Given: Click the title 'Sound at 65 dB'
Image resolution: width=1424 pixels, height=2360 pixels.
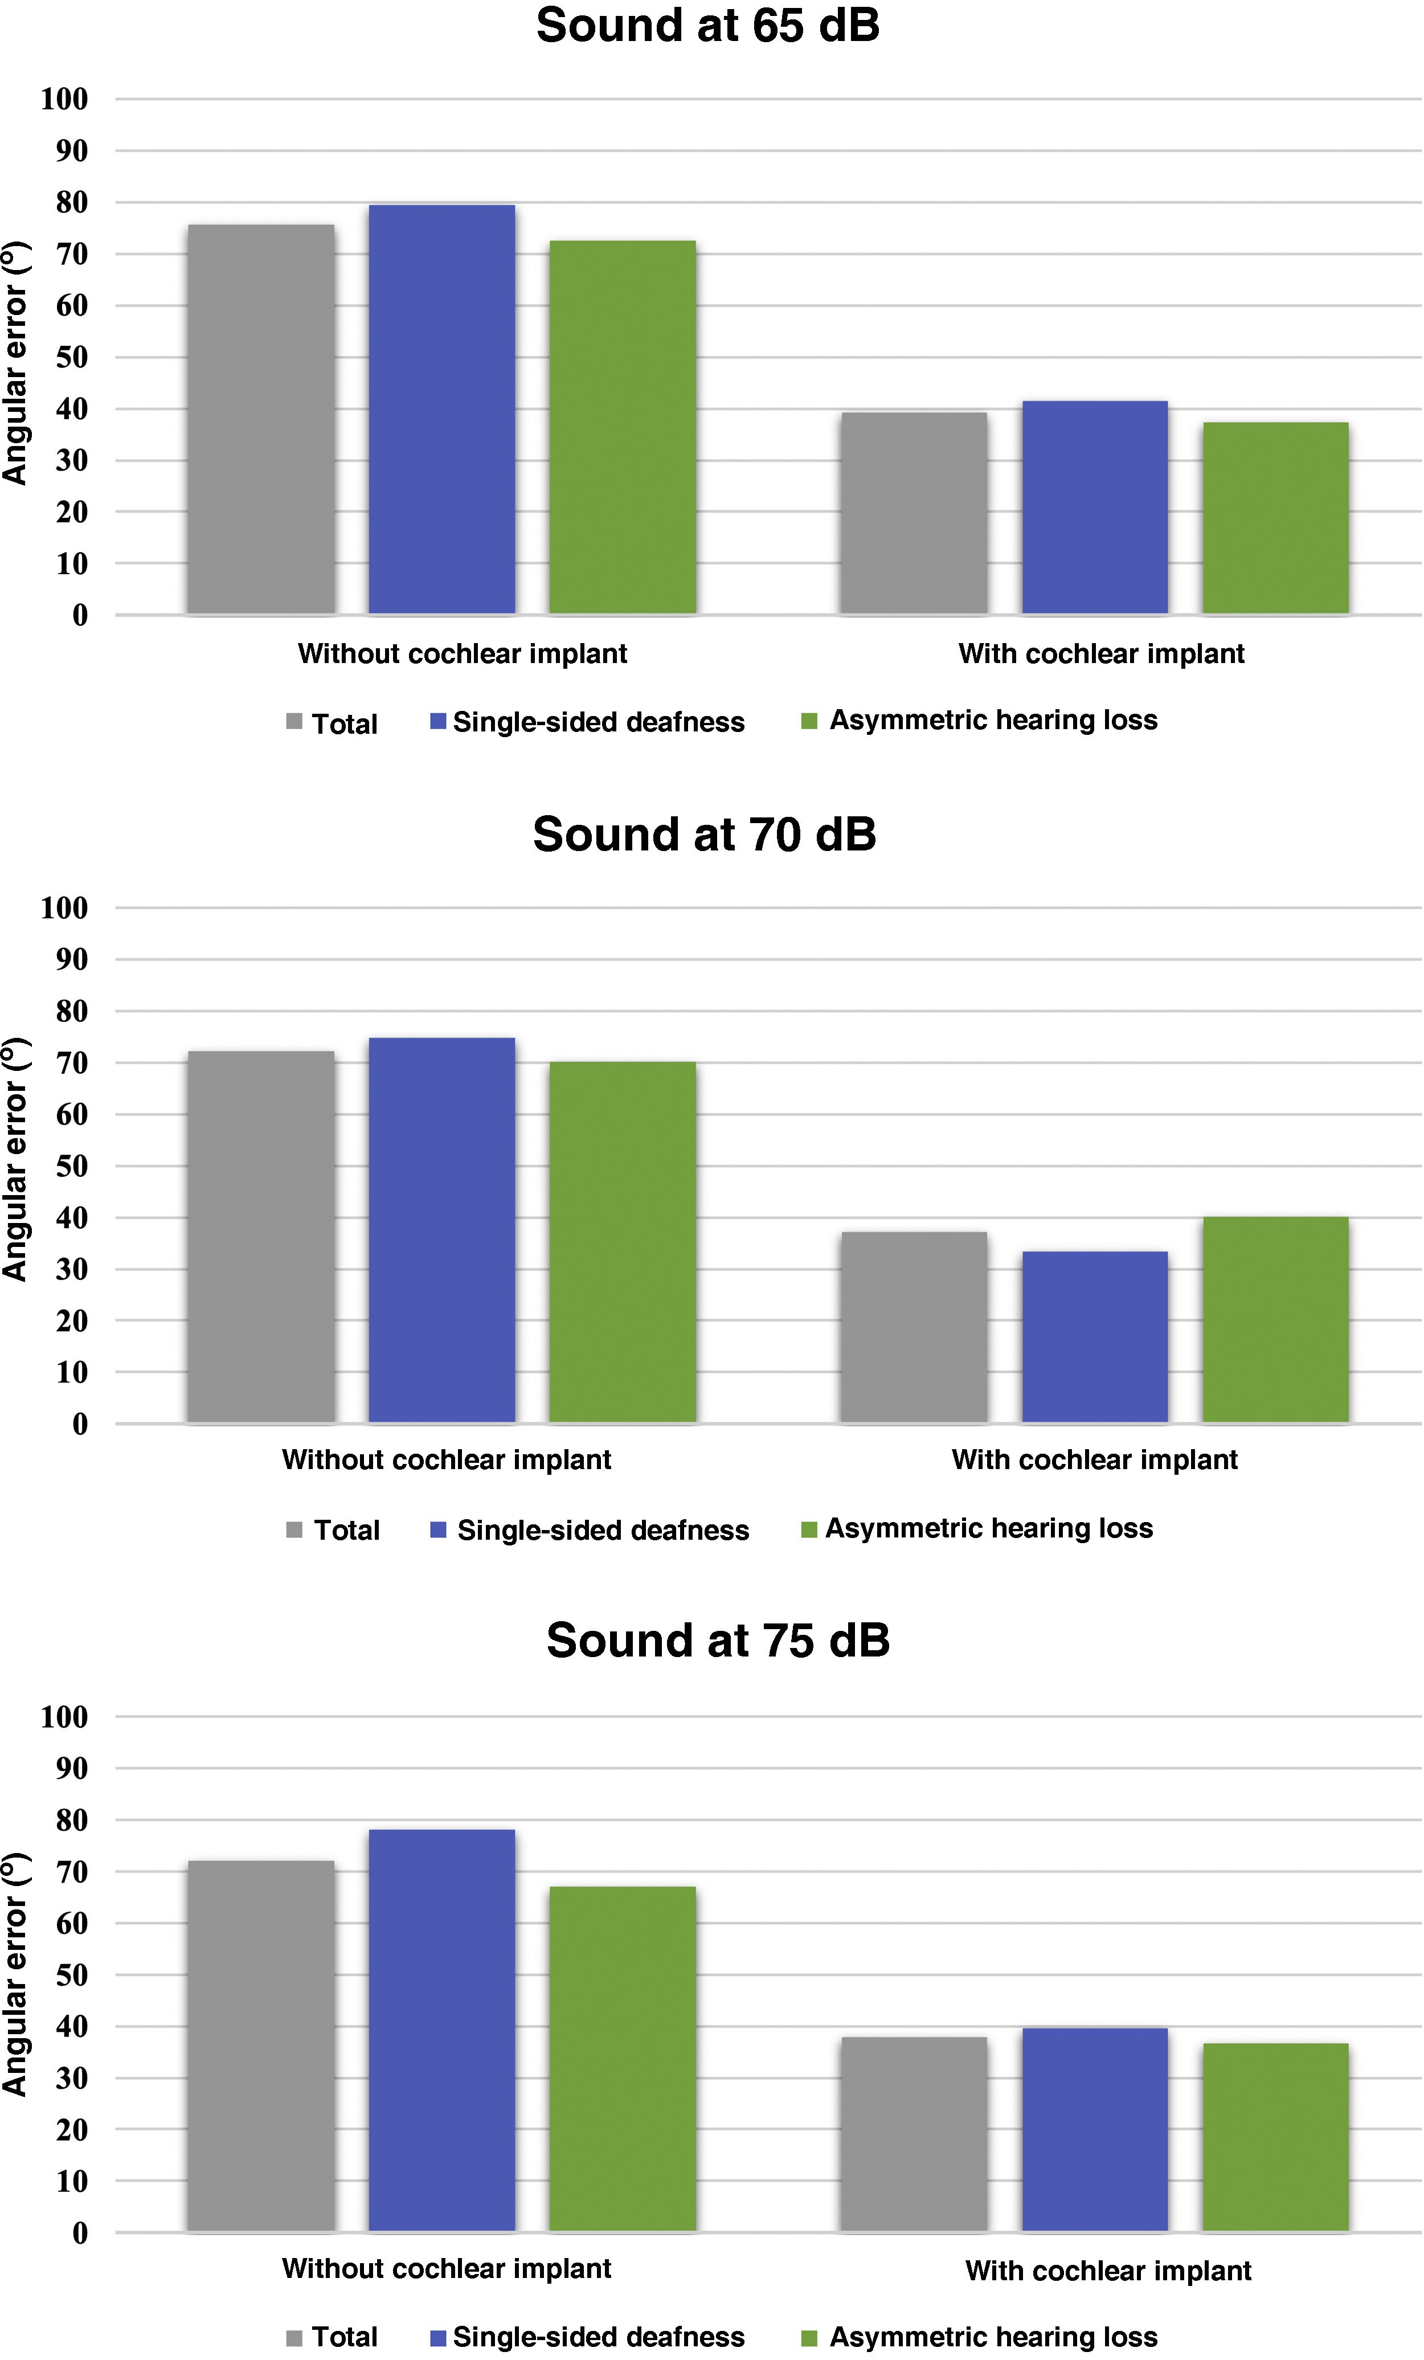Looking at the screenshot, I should pos(707,26).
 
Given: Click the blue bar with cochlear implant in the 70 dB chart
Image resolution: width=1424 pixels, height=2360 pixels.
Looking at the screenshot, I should pos(1095,1337).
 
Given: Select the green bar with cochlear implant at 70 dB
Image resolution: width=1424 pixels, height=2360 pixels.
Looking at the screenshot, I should pos(1275,1320).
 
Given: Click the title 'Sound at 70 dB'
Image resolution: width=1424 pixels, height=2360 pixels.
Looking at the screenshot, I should pos(704,835).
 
